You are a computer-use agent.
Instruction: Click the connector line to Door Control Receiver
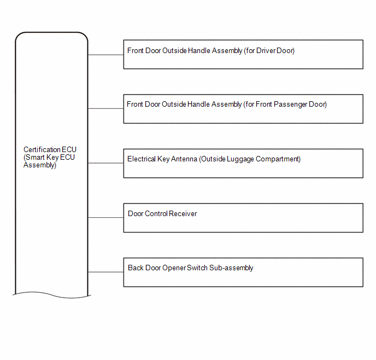[x=106, y=217]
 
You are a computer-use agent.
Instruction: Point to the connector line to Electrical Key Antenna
[x=106, y=163]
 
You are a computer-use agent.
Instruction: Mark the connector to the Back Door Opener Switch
[x=106, y=272]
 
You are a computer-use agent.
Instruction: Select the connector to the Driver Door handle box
[x=106, y=55]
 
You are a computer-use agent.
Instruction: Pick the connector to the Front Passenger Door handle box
[x=106, y=108]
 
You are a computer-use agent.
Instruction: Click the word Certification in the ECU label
[x=42, y=149]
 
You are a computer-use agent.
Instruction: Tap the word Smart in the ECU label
[x=35, y=158]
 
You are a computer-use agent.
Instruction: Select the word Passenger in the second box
[x=290, y=104]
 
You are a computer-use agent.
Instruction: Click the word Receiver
[x=183, y=213]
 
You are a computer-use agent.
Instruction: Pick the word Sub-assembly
[x=231, y=268]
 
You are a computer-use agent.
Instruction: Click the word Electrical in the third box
[x=142, y=159]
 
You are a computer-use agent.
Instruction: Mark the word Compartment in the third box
[x=278, y=159]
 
